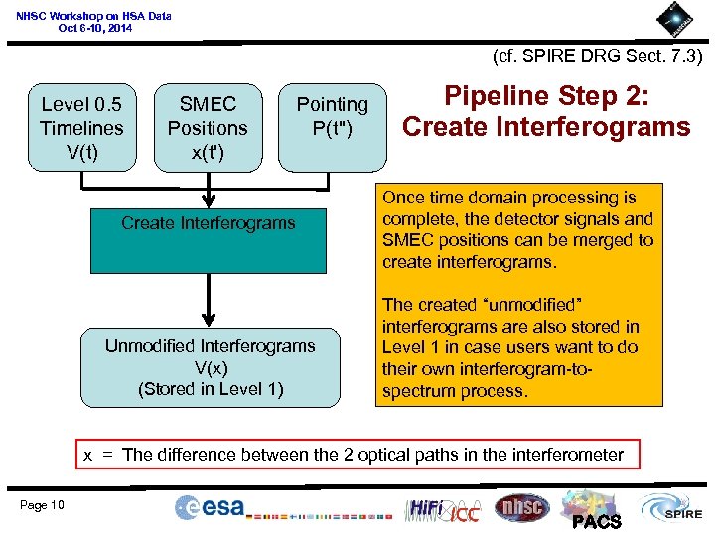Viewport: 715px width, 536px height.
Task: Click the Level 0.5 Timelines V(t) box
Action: pyautogui.click(x=81, y=128)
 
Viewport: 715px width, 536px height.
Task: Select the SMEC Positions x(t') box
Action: pyautogui.click(x=208, y=128)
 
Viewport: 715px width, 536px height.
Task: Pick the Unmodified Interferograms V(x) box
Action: pyautogui.click(x=210, y=367)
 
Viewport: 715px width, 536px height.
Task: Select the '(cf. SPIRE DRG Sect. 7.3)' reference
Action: pyautogui.click(x=597, y=57)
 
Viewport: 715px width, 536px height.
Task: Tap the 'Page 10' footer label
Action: pyautogui.click(x=42, y=505)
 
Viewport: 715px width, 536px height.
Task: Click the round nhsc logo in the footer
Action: pyautogui.click(x=520, y=507)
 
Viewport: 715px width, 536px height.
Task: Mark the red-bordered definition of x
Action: pyautogui.click(x=354, y=455)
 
